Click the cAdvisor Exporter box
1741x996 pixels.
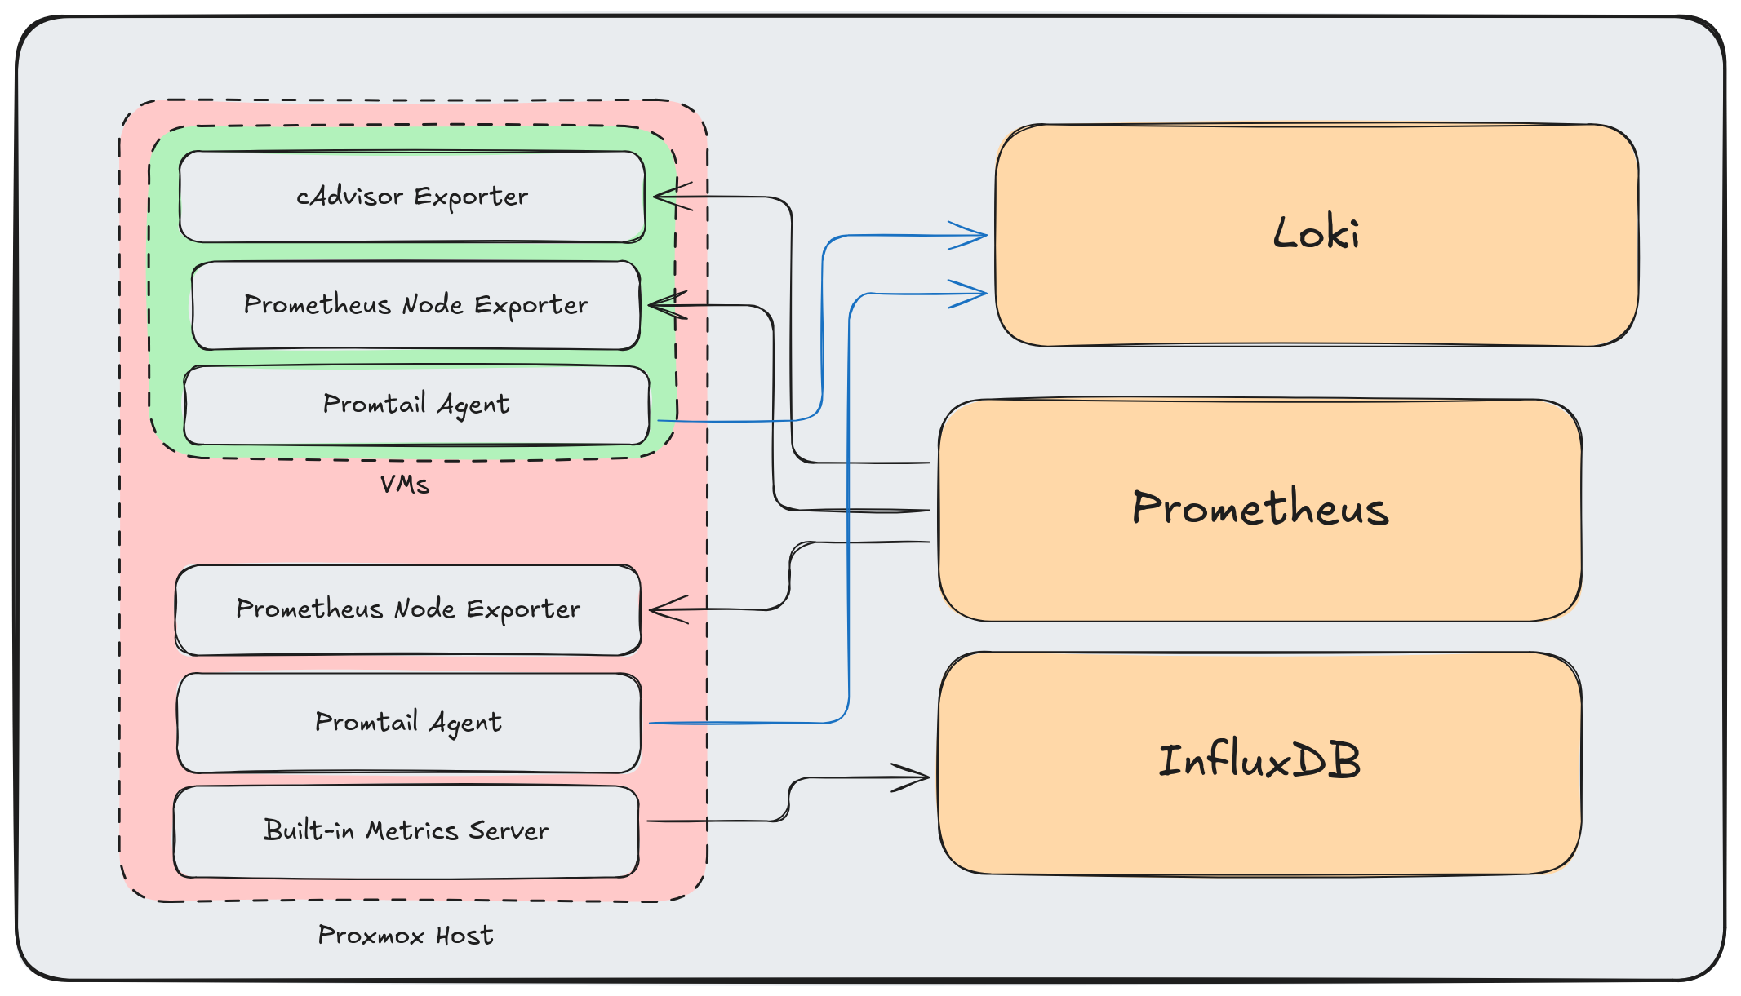pyautogui.click(x=412, y=197)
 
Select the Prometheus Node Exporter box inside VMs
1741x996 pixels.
pyautogui.click(x=415, y=305)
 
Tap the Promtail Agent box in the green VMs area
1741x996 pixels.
pyautogui.click(x=416, y=405)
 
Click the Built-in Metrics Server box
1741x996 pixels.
pyautogui.click(x=406, y=831)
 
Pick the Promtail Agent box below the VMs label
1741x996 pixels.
pyautogui.click(x=408, y=723)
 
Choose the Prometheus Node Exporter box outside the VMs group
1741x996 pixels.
pyautogui.click(x=408, y=609)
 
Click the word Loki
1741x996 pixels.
pyautogui.click(x=1316, y=233)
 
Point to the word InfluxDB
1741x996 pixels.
pyautogui.click(x=1259, y=761)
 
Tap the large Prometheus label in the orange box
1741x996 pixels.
pyautogui.click(x=1259, y=508)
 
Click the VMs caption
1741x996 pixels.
pyautogui.click(x=405, y=485)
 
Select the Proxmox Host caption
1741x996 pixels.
pyautogui.click(x=406, y=935)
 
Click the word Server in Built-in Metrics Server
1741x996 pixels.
pyautogui.click(x=508, y=831)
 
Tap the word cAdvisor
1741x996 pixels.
pyautogui.click(x=349, y=197)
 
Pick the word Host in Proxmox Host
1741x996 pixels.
pyautogui.click(x=464, y=935)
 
